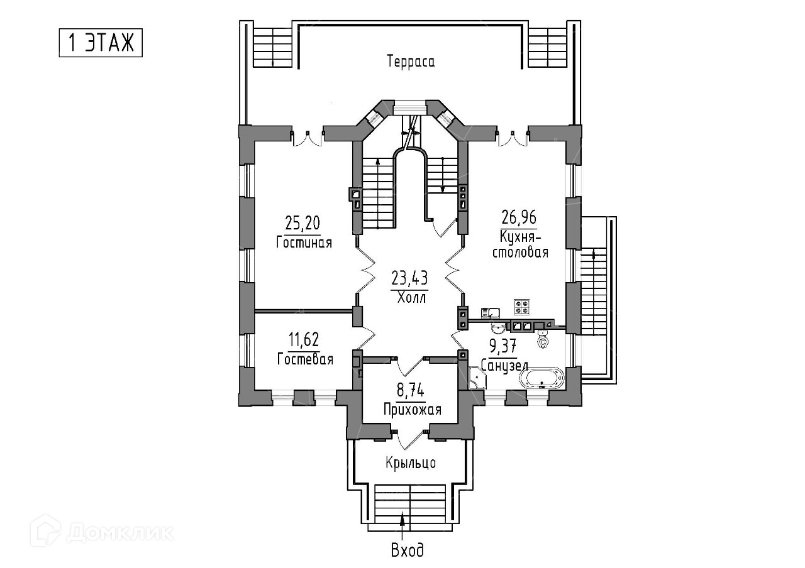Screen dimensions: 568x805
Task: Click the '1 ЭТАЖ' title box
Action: pyautogui.click(x=101, y=43)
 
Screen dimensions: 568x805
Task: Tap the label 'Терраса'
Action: pyautogui.click(x=411, y=62)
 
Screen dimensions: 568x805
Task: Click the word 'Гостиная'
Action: pyautogui.click(x=304, y=243)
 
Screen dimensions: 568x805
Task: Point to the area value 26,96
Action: pyautogui.click(x=519, y=217)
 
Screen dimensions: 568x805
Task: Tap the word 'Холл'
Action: pyautogui.click(x=412, y=297)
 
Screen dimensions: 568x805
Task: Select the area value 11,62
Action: pyautogui.click(x=304, y=341)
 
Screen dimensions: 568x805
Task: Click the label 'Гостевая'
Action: pyautogui.click(x=304, y=359)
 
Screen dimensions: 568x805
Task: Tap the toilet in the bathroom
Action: pyautogui.click(x=543, y=341)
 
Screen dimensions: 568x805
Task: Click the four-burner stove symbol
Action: pyautogui.click(x=522, y=307)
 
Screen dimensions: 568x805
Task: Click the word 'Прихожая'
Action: pyautogui.click(x=412, y=410)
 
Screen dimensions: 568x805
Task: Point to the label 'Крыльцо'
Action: pyautogui.click(x=411, y=464)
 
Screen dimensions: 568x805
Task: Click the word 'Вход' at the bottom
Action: pyautogui.click(x=407, y=551)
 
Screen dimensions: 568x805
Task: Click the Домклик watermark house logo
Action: pyautogui.click(x=48, y=531)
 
